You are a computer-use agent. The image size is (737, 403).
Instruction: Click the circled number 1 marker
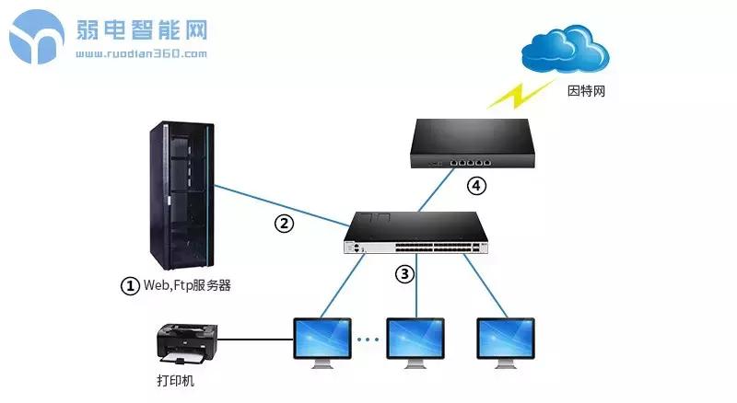[130, 285]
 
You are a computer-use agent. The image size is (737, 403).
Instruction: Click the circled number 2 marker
[286, 223]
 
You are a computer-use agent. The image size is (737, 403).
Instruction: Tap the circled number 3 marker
[405, 273]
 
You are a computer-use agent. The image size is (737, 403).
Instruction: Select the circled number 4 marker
[475, 186]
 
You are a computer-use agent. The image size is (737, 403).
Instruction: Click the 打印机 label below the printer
[176, 380]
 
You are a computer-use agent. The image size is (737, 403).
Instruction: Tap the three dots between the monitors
[368, 340]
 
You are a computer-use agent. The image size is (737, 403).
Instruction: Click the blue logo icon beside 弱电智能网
[40, 36]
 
